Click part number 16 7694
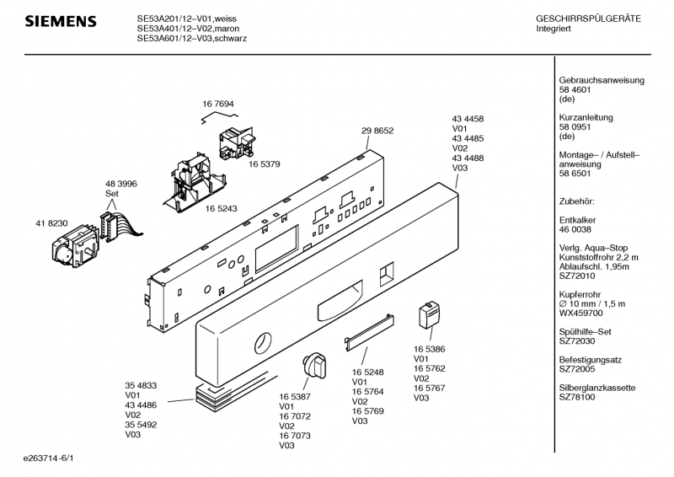tap(217, 105)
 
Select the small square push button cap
tap(427, 318)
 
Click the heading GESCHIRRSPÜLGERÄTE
tap(588, 19)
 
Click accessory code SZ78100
tap(579, 398)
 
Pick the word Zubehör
tap(577, 201)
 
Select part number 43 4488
tap(468, 158)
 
